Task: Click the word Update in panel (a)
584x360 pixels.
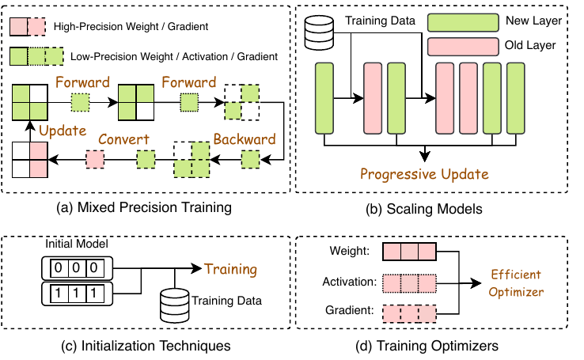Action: pyautogui.click(x=63, y=131)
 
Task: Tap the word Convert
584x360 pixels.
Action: pyautogui.click(x=123, y=139)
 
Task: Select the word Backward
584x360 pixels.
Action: pyautogui.click(x=245, y=139)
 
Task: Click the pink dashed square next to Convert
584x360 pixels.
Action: pyautogui.click(x=95, y=159)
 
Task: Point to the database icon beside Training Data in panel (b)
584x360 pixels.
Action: pyautogui.click(x=319, y=32)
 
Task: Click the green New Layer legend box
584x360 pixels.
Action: pyautogui.click(x=463, y=23)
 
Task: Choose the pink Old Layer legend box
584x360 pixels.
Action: pyautogui.click(x=463, y=47)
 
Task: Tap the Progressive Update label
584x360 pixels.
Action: pyautogui.click(x=424, y=174)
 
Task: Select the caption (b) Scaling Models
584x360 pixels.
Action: pyautogui.click(x=424, y=209)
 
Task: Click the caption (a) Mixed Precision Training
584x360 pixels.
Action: pyautogui.click(x=144, y=207)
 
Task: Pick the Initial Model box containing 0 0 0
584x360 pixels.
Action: pyautogui.click(x=77, y=268)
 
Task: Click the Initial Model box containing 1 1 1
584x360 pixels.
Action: pyautogui.click(x=77, y=294)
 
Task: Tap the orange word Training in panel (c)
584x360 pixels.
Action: pyautogui.click(x=230, y=269)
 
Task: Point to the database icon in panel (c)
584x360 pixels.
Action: pyautogui.click(x=174, y=305)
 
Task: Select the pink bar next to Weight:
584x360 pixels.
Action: pyautogui.click(x=409, y=252)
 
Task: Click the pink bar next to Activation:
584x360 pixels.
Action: pyautogui.click(x=409, y=284)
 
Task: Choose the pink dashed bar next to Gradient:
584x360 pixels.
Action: pyautogui.click(x=409, y=313)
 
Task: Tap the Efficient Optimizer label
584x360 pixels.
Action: pyautogui.click(x=516, y=283)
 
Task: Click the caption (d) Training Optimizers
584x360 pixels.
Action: pyautogui.click(x=427, y=346)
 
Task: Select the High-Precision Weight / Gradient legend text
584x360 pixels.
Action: pyautogui.click(x=131, y=26)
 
